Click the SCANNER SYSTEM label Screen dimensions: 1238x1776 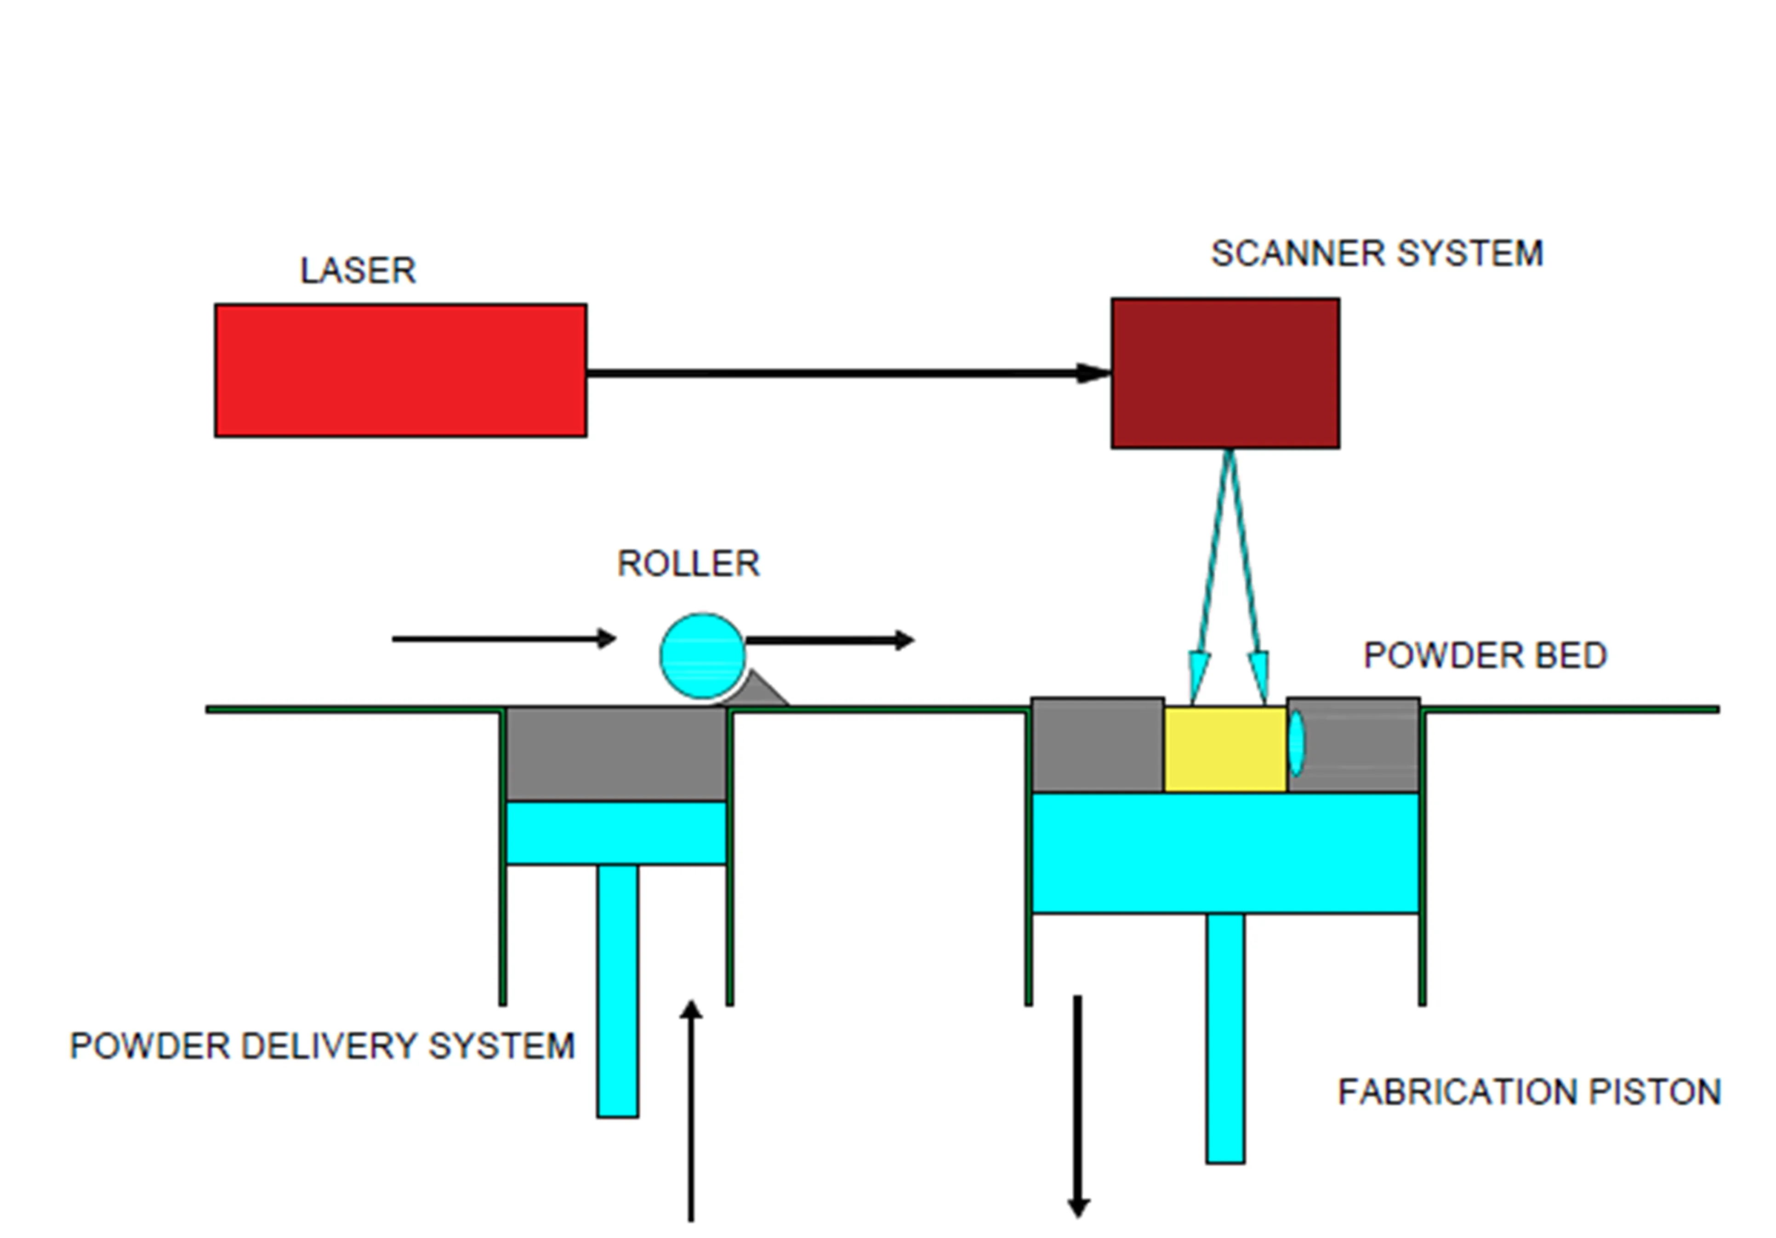click(x=1377, y=254)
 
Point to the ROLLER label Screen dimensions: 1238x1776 click(x=688, y=564)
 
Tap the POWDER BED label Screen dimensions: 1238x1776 click(x=1485, y=656)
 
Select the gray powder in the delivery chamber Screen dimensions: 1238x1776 click(x=616, y=754)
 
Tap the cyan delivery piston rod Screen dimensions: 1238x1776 click(x=617, y=990)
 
